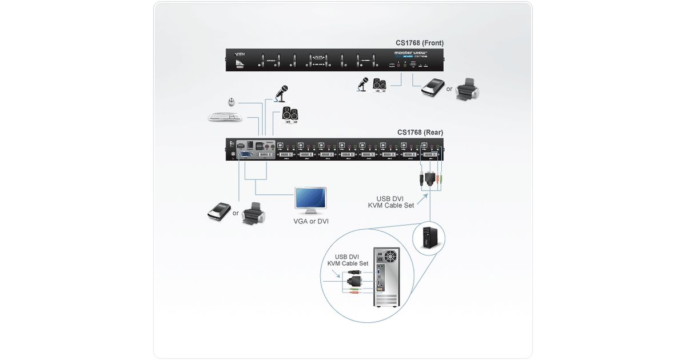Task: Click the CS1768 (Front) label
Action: coord(420,43)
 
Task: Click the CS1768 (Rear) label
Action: coord(420,133)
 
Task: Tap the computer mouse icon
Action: coord(231,102)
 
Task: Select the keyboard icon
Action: coord(225,117)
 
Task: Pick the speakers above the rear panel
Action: coord(290,114)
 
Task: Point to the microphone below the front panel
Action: coord(362,85)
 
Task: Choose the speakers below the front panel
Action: coord(380,85)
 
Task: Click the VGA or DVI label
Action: coord(310,221)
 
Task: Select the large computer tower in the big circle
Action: coord(388,277)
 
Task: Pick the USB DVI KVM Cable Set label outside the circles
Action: coord(391,202)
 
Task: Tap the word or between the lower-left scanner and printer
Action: coord(235,213)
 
